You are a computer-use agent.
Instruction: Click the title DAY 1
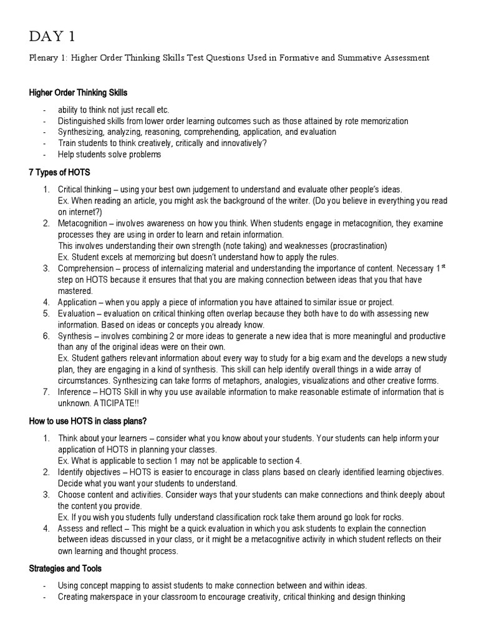point(56,36)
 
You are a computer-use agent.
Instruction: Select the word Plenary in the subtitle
point(44,58)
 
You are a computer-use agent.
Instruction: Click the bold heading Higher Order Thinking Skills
point(78,93)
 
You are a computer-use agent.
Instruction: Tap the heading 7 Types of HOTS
point(60,172)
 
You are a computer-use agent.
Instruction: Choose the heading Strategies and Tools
point(65,568)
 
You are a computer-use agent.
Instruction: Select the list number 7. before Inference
point(46,392)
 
